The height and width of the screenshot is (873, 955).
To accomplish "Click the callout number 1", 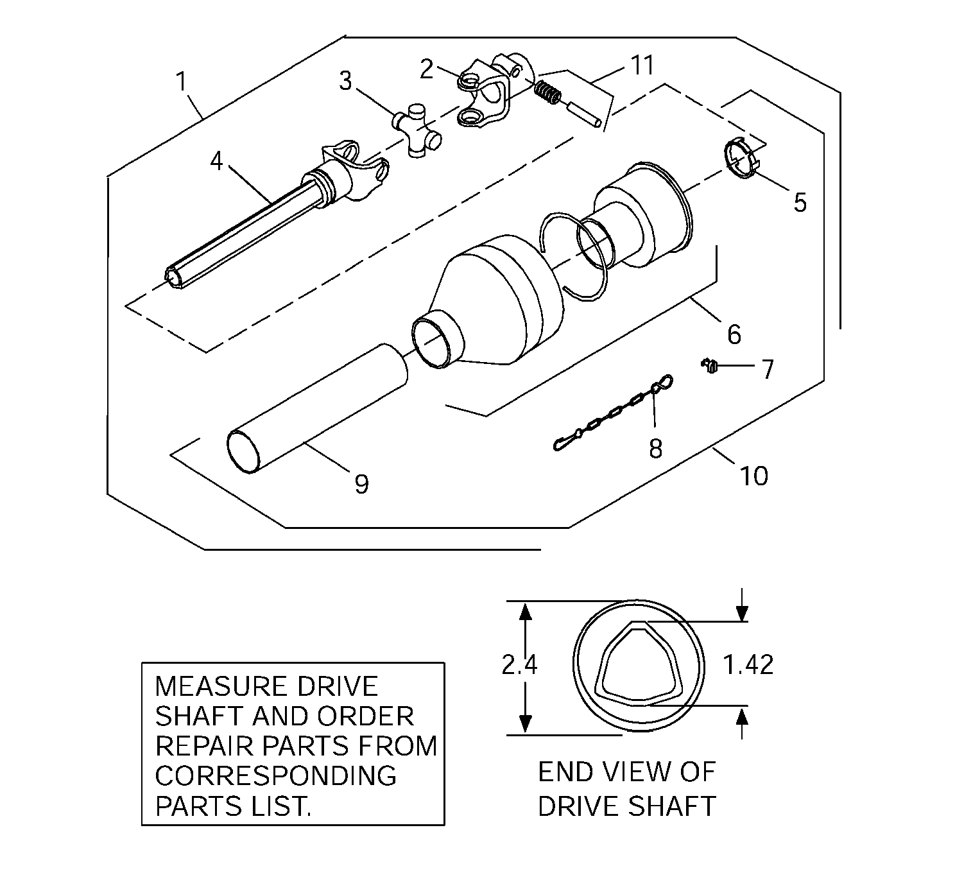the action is (182, 82).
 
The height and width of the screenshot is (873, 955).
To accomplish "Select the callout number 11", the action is (642, 65).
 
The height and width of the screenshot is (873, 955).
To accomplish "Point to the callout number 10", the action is (753, 475).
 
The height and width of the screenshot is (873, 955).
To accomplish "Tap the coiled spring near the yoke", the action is (547, 94).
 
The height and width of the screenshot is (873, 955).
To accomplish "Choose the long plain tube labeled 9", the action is (318, 408).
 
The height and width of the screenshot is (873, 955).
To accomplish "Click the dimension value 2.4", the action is (519, 664).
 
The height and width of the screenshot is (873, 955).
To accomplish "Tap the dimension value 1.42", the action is (748, 664).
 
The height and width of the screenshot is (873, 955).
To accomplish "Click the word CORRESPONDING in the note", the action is (275, 776).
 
